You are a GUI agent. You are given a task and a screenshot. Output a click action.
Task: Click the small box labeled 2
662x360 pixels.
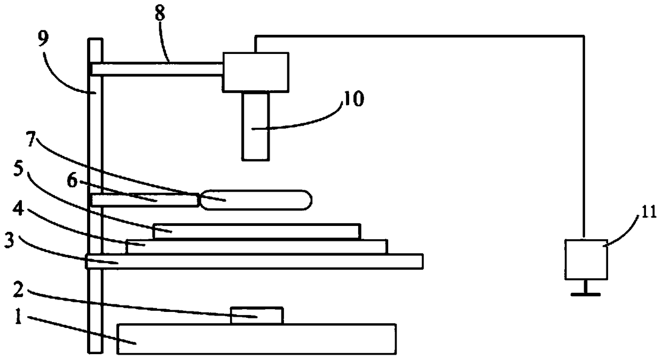pos(256,316)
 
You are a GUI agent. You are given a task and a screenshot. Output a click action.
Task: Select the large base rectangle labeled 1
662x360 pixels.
pos(256,339)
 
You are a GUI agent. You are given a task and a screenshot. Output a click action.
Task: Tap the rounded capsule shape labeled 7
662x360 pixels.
pos(255,199)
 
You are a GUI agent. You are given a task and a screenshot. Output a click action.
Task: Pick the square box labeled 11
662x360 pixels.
pos(586,259)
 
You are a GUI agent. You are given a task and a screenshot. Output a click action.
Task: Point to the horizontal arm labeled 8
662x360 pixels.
pos(157,69)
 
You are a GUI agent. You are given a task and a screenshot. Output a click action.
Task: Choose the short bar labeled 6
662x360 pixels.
pos(144,200)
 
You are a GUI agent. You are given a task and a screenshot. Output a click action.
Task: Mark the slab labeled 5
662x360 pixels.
pos(256,231)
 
